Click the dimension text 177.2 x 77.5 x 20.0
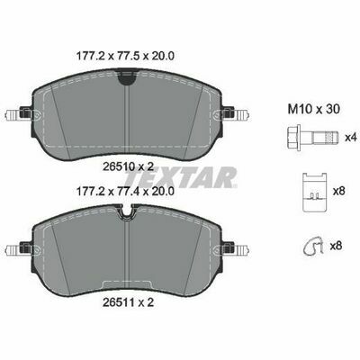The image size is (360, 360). [125, 56]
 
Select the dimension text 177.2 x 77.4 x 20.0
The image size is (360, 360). [125, 191]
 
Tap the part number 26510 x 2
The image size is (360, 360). [128, 166]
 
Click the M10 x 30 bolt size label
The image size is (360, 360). [314, 110]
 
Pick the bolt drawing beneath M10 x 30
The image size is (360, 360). [313, 138]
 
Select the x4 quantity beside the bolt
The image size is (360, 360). [350, 138]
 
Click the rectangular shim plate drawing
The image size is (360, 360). [314, 193]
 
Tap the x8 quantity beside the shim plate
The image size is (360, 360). [338, 191]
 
